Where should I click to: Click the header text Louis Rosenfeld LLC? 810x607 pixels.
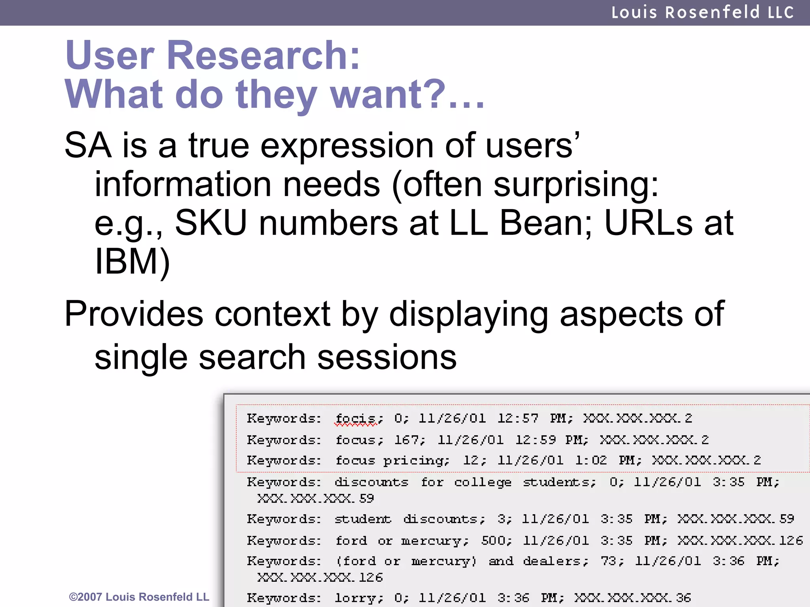(x=702, y=12)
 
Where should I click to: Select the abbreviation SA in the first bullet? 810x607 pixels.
(x=88, y=145)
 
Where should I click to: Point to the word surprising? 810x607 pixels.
(x=576, y=185)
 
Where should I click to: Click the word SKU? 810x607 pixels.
(x=211, y=223)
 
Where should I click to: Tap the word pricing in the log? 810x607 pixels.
(x=416, y=461)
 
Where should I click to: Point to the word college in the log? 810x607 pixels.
(x=483, y=483)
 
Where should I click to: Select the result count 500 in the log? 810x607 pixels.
(x=496, y=540)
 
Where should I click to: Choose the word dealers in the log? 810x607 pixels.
(x=555, y=561)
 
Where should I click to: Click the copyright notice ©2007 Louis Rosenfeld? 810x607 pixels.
(x=139, y=597)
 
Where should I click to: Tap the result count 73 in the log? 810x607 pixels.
(x=611, y=561)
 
